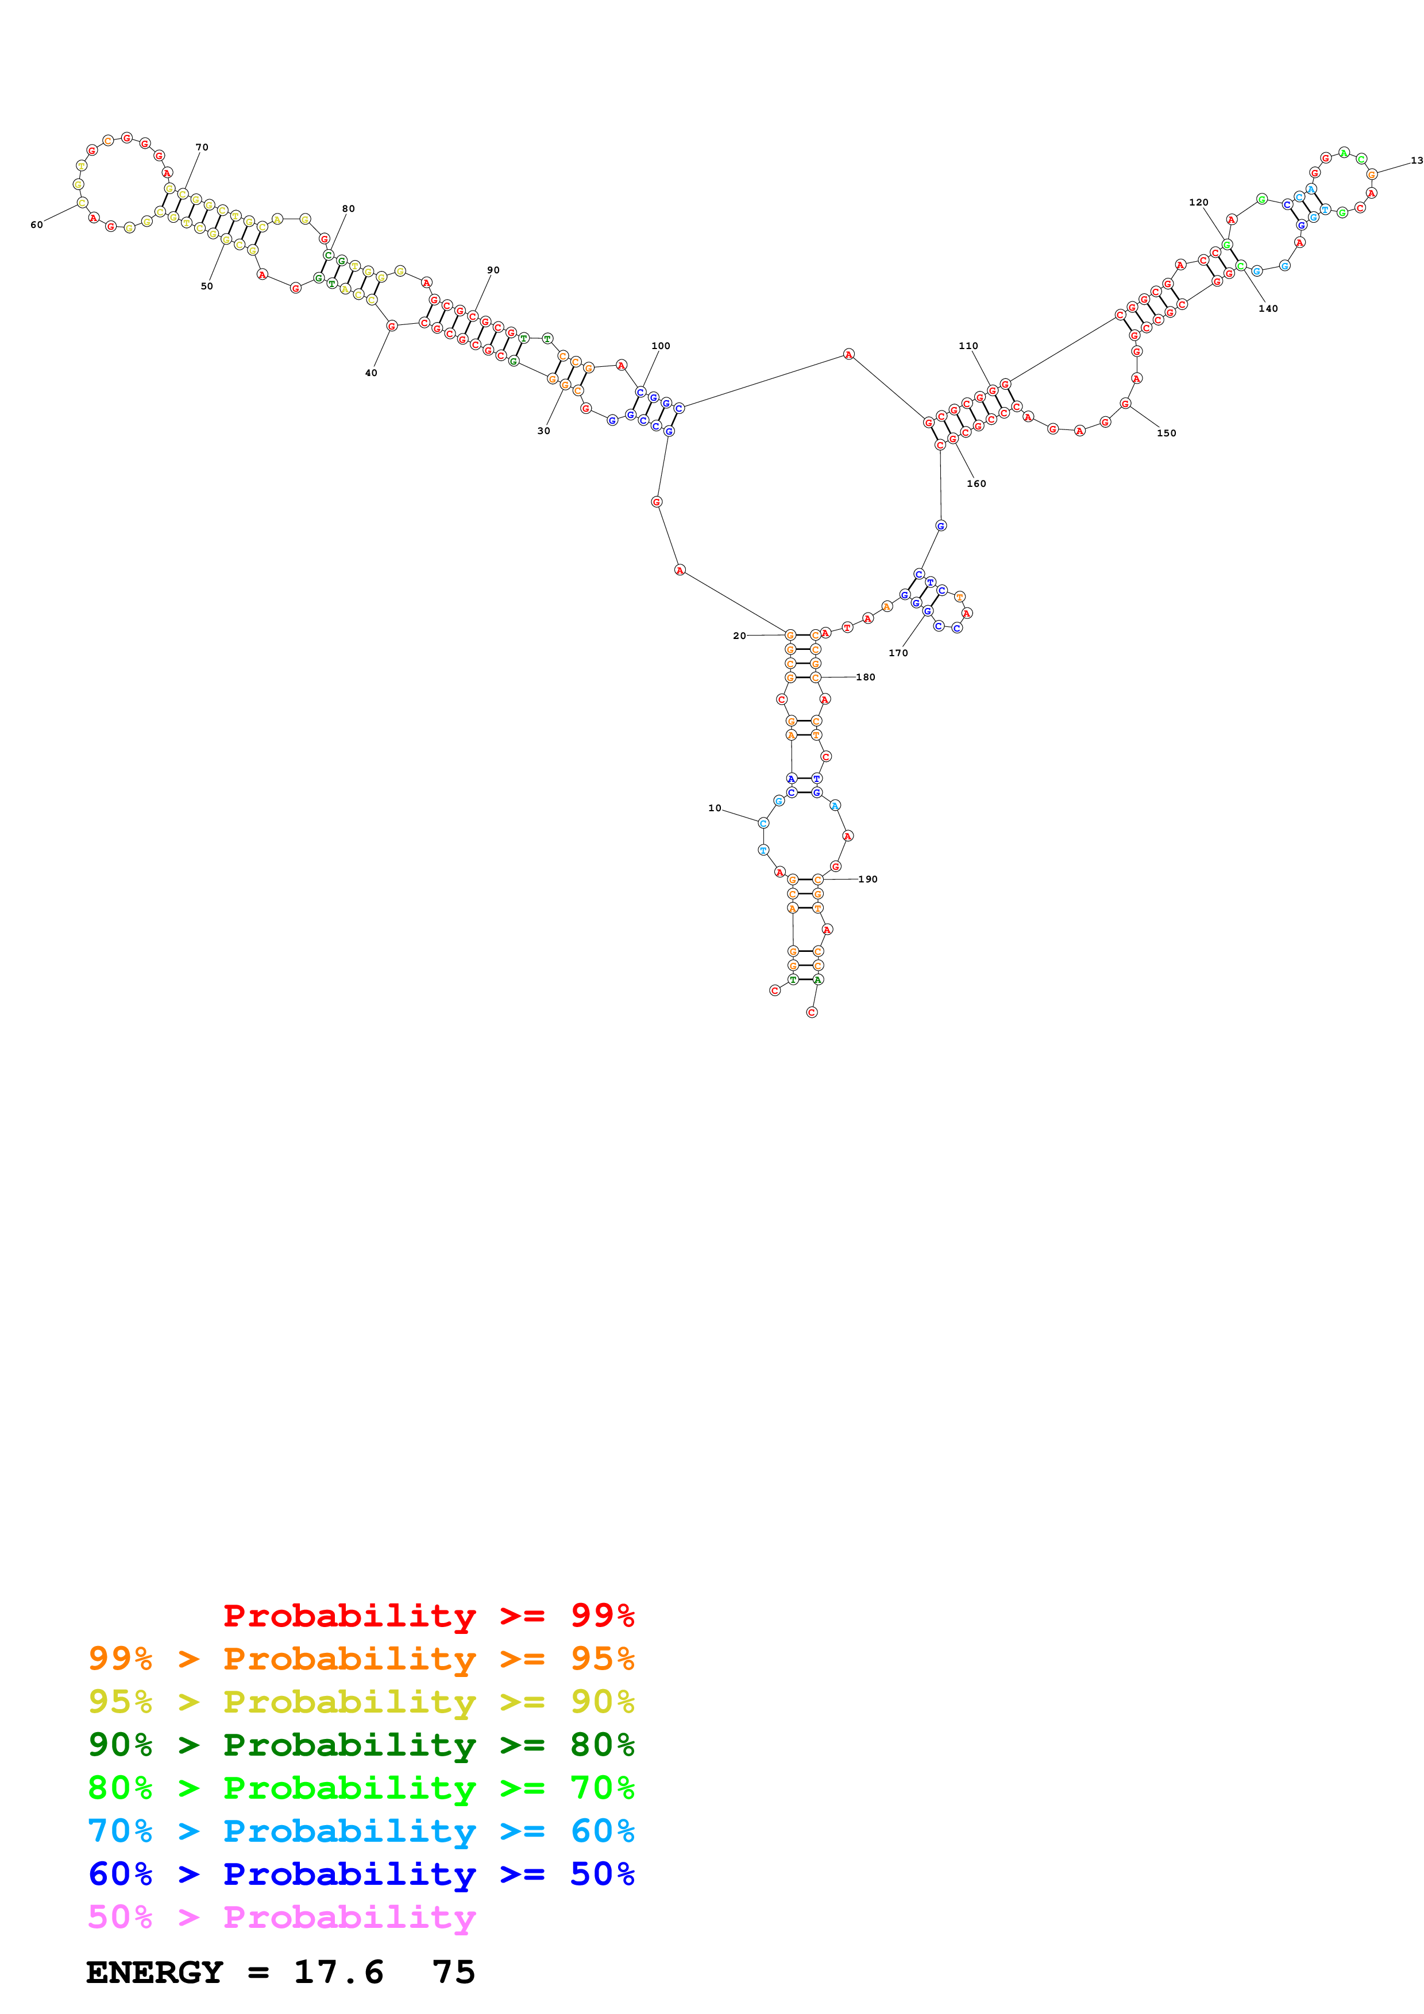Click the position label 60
click(36, 224)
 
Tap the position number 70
click(202, 148)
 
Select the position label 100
click(661, 346)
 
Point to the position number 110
click(968, 346)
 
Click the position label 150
click(1166, 432)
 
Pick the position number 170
click(898, 653)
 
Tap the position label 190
click(868, 879)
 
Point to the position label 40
click(371, 373)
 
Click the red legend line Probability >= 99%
click(428, 1615)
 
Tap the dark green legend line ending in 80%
click(361, 1745)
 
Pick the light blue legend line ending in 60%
click(361, 1831)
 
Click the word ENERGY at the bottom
click(155, 1973)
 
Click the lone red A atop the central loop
click(848, 354)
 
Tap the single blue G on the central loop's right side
click(940, 525)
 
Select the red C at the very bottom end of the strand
click(812, 1012)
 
